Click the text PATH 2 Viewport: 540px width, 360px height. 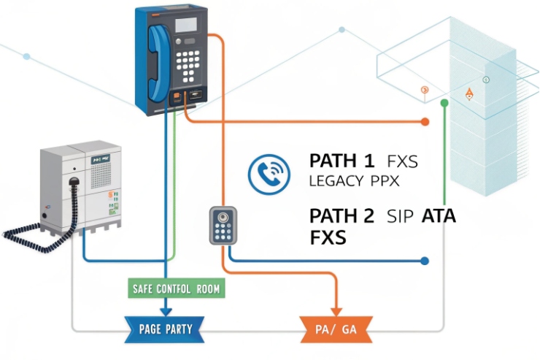342,215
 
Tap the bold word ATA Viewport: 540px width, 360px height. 438,215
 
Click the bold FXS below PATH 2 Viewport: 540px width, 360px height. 328,237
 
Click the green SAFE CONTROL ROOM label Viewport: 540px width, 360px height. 176,288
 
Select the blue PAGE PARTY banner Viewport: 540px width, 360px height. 165,329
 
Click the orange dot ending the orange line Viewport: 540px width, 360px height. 425,121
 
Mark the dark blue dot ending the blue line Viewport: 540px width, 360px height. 425,260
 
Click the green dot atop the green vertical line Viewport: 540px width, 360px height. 444,104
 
